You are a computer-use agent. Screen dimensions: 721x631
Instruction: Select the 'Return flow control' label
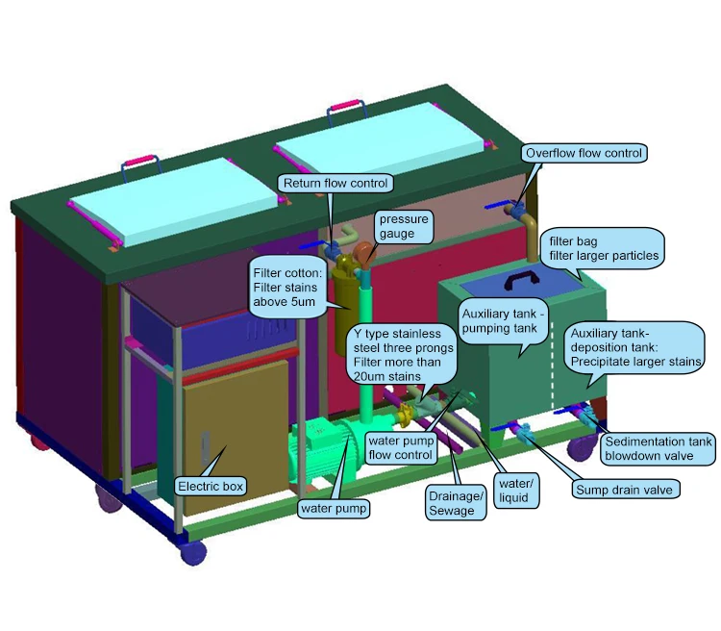coord(334,183)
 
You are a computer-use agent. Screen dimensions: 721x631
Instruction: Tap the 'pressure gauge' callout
coord(403,226)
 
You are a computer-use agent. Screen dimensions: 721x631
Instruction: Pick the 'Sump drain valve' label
coord(626,490)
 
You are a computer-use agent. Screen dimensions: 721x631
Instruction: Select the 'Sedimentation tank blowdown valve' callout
coord(659,449)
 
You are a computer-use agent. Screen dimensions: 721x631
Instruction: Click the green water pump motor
coord(327,452)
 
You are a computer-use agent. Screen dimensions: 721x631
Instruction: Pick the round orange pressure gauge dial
coord(366,253)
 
